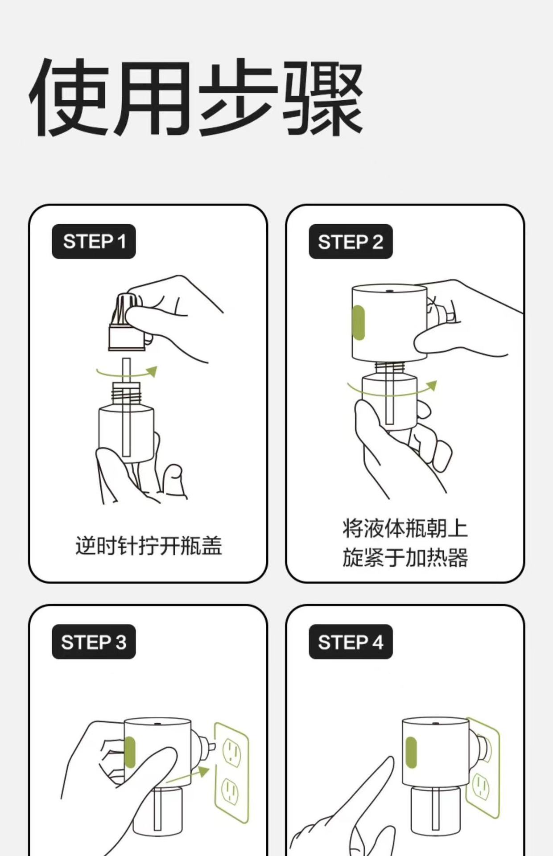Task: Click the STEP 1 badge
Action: point(94,241)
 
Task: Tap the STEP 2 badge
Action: point(351,241)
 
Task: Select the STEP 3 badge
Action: point(94,642)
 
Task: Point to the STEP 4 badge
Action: point(351,642)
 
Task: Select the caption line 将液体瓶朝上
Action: point(405,528)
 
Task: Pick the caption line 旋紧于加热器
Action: point(405,558)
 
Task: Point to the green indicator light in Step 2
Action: point(359,322)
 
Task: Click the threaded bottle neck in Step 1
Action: point(126,392)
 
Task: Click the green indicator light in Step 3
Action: point(129,753)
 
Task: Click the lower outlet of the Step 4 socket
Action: point(481,786)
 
